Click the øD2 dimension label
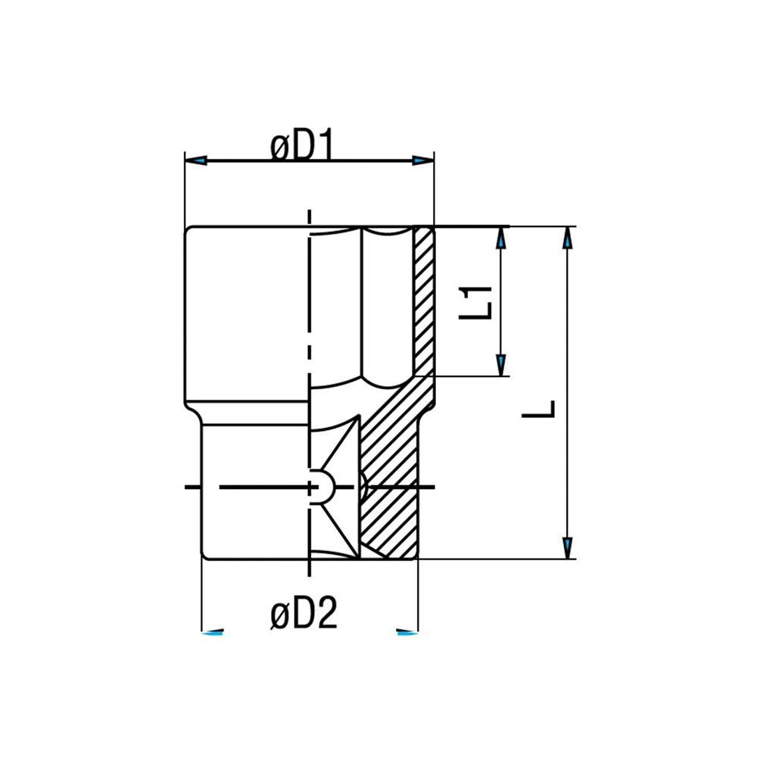tap(303, 617)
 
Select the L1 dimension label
tap(478, 301)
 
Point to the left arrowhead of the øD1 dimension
tap(197, 160)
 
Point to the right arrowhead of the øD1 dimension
tap(422, 160)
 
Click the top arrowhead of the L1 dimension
tap(500, 239)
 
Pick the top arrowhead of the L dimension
tap(567, 238)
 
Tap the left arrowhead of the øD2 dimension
tap(214, 631)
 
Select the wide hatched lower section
tap(390, 484)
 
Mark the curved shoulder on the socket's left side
tap(196, 413)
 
